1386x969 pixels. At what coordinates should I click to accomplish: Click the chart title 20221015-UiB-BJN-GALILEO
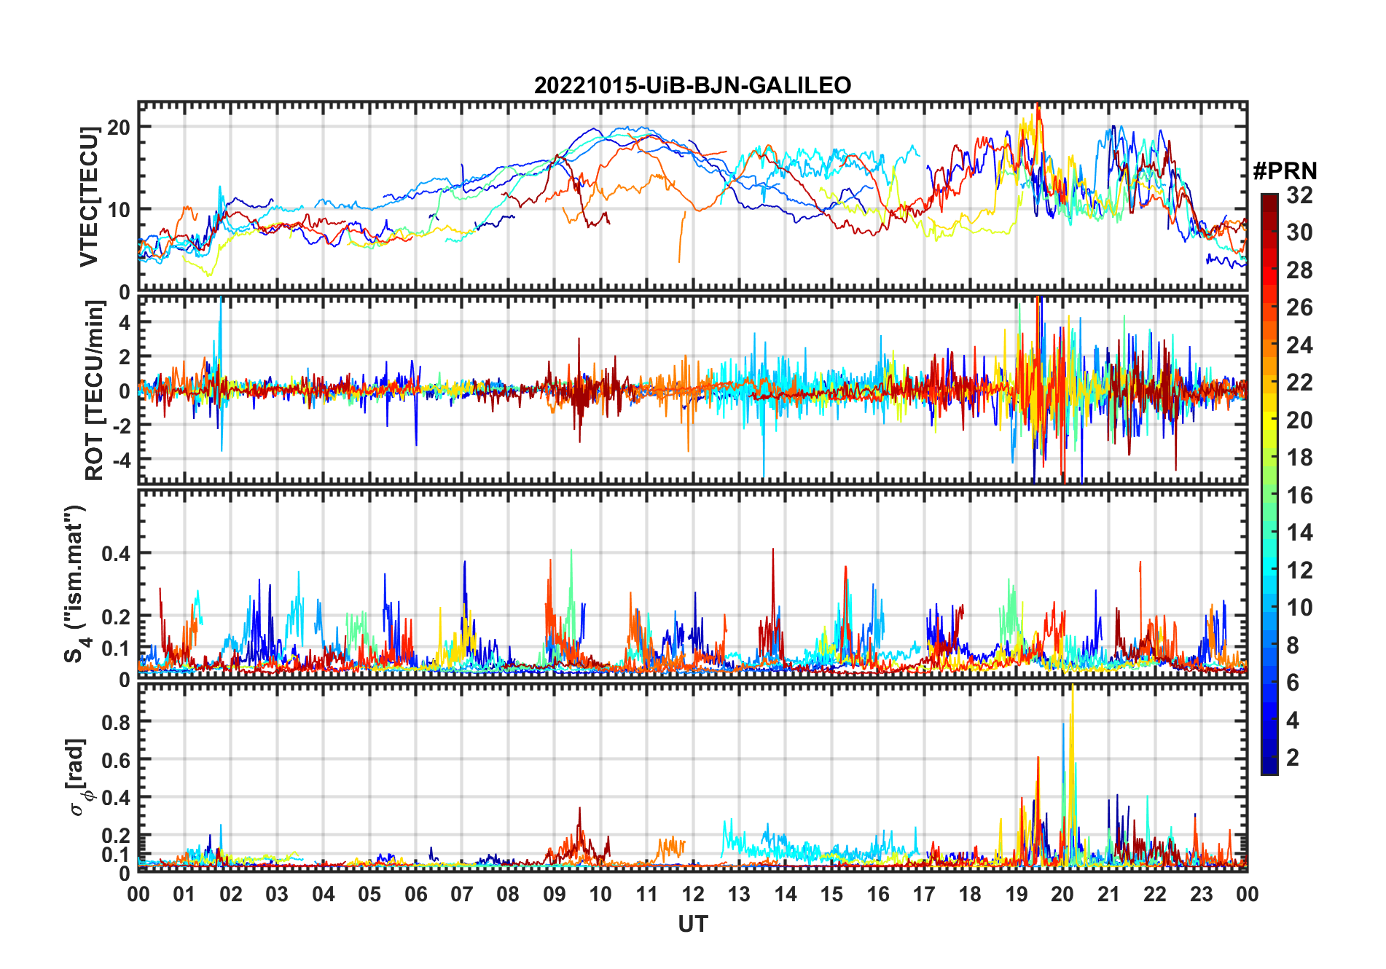pyautogui.click(x=692, y=85)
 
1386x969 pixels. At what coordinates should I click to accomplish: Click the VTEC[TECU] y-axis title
pyautogui.click(x=89, y=197)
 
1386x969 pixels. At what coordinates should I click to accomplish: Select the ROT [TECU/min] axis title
pyautogui.click(x=95, y=390)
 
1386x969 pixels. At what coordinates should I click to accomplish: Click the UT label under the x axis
pyautogui.click(x=692, y=925)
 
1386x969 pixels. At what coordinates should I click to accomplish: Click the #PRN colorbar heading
pyautogui.click(x=1285, y=171)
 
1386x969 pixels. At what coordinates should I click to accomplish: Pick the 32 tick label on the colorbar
pyautogui.click(x=1299, y=195)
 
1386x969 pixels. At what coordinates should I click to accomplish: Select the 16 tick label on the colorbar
pyautogui.click(x=1299, y=495)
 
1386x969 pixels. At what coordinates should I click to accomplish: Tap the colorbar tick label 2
pyautogui.click(x=1293, y=758)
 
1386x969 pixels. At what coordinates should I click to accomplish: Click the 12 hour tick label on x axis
pyautogui.click(x=692, y=895)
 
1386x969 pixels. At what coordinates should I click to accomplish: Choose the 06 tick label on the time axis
pyautogui.click(x=415, y=895)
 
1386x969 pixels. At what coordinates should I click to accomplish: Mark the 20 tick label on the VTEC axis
pyautogui.click(x=119, y=127)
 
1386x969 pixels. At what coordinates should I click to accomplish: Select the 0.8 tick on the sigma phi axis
pyautogui.click(x=117, y=722)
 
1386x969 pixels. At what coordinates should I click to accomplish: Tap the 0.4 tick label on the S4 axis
pyautogui.click(x=117, y=554)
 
